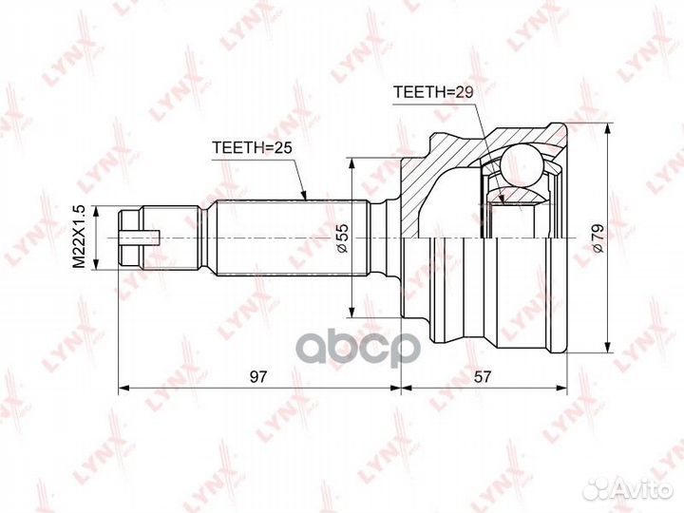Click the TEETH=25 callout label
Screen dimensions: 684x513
pos(252,147)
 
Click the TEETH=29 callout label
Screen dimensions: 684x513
pos(433,92)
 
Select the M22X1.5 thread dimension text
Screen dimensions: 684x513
pos(79,237)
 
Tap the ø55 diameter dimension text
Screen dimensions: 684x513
pos(342,238)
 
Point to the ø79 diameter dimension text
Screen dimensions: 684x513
pos(597,238)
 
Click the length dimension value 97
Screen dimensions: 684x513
pos(257,376)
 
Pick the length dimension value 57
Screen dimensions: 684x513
pos(483,376)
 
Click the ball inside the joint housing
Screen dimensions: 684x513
pos(523,165)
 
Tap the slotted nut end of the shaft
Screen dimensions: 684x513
pos(130,238)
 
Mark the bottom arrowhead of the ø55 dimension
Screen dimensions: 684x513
pos(351,312)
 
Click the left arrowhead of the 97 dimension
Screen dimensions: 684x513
pos(124,388)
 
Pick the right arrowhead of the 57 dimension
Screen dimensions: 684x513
pos(560,388)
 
